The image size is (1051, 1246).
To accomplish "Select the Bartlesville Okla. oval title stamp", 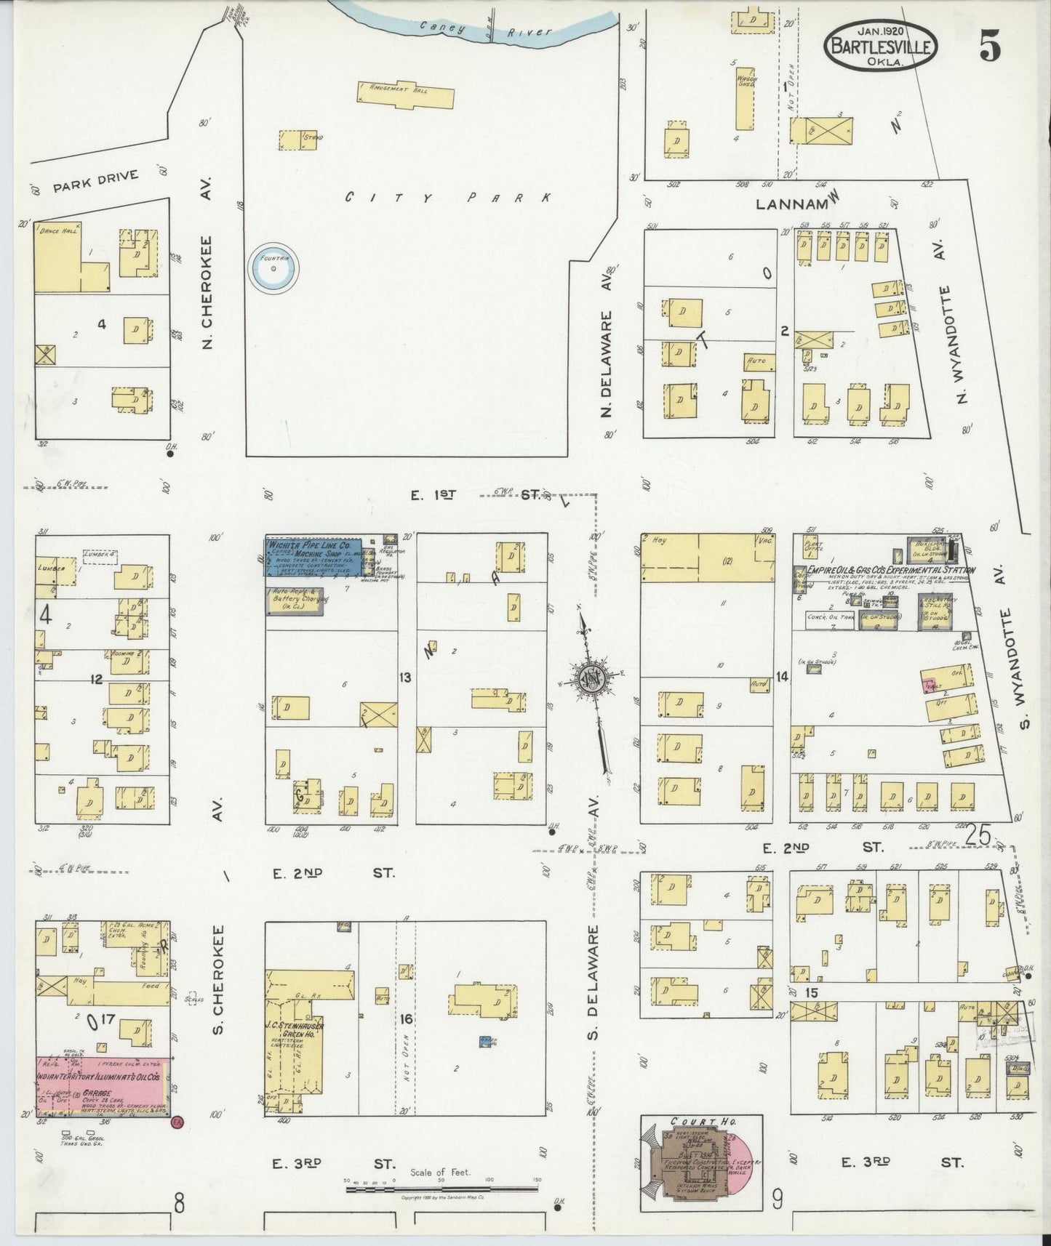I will click(880, 45).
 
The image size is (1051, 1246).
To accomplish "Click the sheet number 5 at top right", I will click(989, 47).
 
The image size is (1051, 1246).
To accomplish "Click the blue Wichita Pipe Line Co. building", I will click(313, 558).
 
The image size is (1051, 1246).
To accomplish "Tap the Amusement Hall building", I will click(406, 95).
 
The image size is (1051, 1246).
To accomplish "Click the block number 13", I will click(405, 678).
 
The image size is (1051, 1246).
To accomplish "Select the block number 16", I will click(405, 1019).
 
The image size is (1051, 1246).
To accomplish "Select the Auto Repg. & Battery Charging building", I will click(294, 601).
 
